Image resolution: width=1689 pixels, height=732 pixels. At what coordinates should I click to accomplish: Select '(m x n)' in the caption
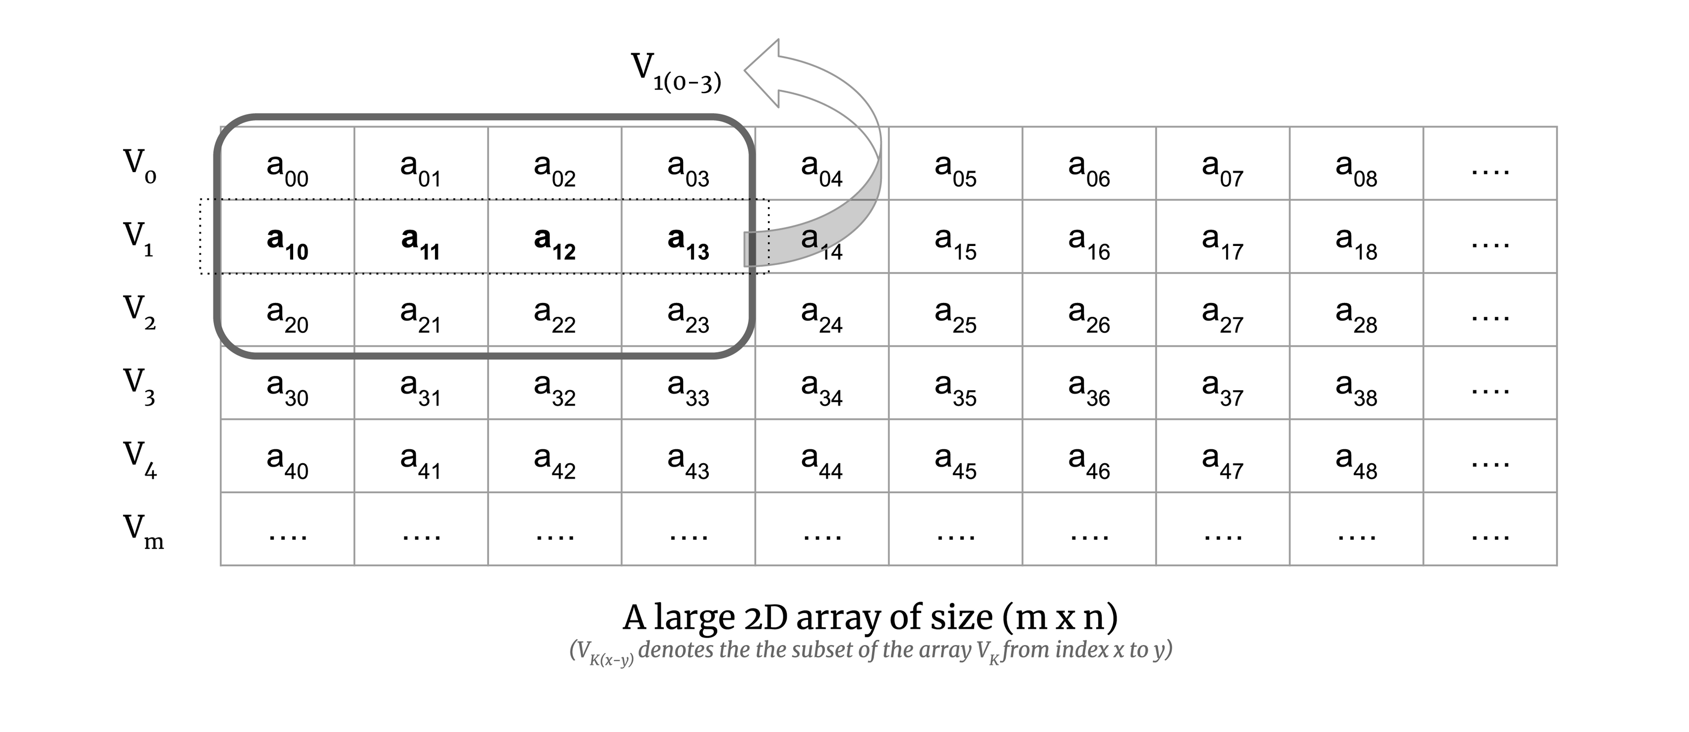(1059, 618)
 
